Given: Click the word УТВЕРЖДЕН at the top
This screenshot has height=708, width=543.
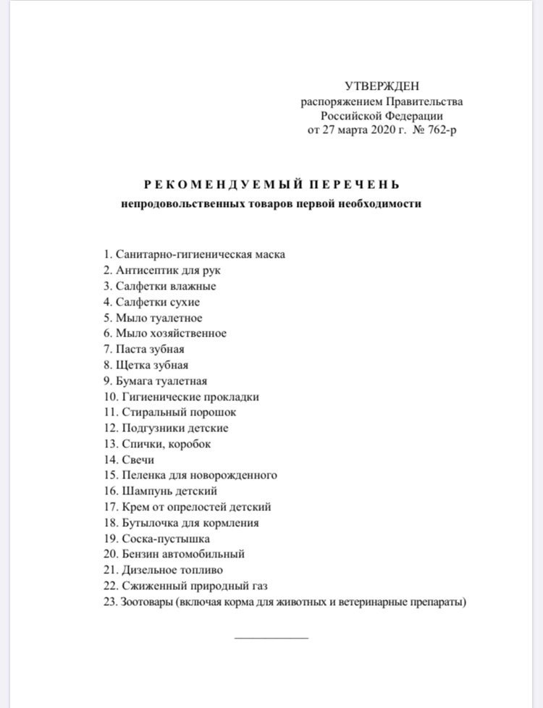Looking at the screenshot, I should tap(382, 87).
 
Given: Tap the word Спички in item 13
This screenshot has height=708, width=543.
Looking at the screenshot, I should tap(136, 444).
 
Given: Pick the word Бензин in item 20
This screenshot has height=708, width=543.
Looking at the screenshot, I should tap(138, 555).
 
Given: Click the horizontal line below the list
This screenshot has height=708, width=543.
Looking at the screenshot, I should tap(271, 638).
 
